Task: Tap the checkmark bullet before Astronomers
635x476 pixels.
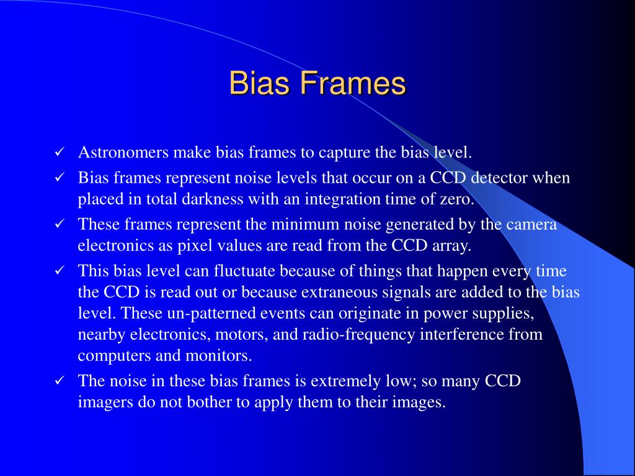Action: click(x=60, y=152)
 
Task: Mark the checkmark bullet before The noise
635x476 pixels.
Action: click(x=60, y=381)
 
